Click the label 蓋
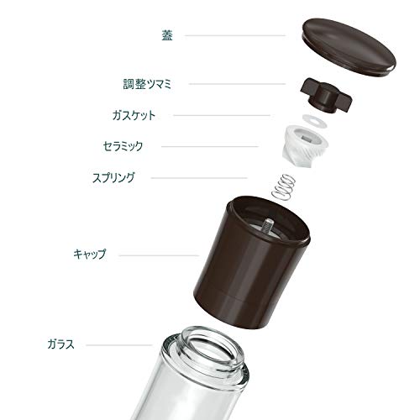click(167, 35)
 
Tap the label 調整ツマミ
click(147, 84)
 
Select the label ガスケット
click(134, 115)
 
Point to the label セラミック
click(123, 146)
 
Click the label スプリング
click(113, 178)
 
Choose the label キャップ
click(90, 254)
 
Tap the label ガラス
click(60, 344)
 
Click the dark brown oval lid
click(349, 47)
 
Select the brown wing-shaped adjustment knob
click(326, 96)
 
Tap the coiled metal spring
click(284, 187)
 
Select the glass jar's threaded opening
click(212, 348)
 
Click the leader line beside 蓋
click(234, 35)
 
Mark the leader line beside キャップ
click(159, 255)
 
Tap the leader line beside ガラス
click(118, 345)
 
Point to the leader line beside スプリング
click(199, 178)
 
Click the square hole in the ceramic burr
click(307, 138)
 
